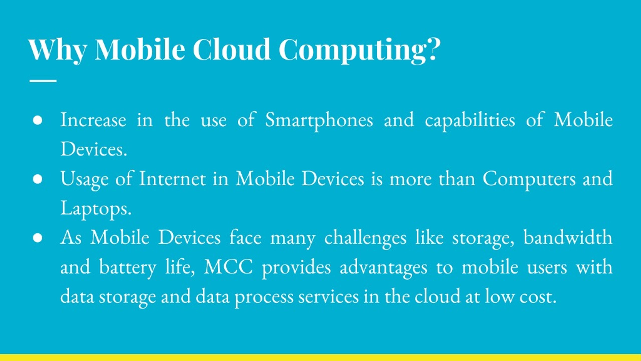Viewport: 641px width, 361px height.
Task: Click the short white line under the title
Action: pyautogui.click(x=43, y=81)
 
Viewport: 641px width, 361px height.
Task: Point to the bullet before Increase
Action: pyautogui.click(x=37, y=120)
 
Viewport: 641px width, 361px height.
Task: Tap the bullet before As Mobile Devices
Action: pyautogui.click(x=37, y=238)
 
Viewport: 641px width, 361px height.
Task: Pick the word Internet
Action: pyautogui.click(x=172, y=179)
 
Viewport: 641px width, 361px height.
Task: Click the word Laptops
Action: pyautogui.click(x=96, y=209)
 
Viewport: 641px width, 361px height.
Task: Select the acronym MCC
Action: pyautogui.click(x=228, y=267)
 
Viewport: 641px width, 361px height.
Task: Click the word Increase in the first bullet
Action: pyautogui.click(x=93, y=120)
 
